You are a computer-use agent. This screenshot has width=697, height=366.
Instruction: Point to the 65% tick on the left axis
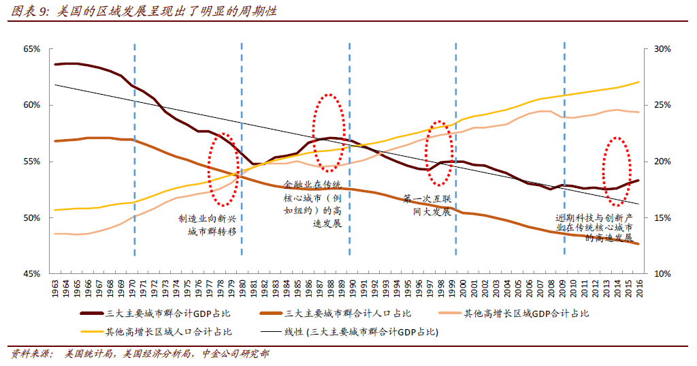32,50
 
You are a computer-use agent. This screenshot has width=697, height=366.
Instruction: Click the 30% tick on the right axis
662,50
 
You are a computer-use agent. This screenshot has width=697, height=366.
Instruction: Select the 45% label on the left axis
32,274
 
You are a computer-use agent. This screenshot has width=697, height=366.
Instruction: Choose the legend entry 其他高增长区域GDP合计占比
526,314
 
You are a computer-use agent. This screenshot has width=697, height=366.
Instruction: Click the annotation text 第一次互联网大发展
427,205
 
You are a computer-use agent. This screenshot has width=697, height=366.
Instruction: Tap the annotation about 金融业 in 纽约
312,204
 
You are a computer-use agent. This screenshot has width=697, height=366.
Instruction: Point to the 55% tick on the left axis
32,162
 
